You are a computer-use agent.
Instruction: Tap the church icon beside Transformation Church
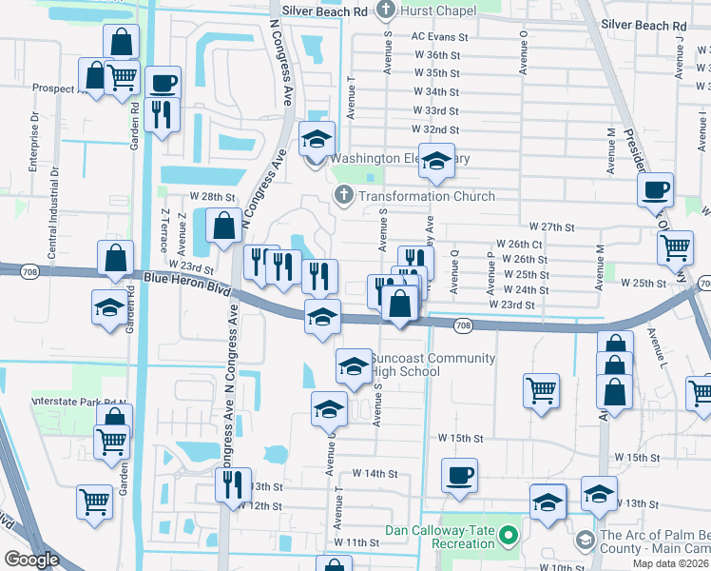click(342, 196)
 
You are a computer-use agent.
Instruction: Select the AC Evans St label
click(440, 36)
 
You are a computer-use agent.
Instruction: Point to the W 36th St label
click(436, 55)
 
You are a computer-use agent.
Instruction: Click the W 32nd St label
click(436, 129)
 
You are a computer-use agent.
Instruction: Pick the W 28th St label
click(212, 196)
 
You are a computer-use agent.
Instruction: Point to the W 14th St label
click(375, 473)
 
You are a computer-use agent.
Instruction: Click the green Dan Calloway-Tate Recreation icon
click(509, 538)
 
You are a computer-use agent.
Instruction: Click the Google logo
click(32, 560)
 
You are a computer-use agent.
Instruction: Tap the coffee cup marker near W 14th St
click(459, 474)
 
